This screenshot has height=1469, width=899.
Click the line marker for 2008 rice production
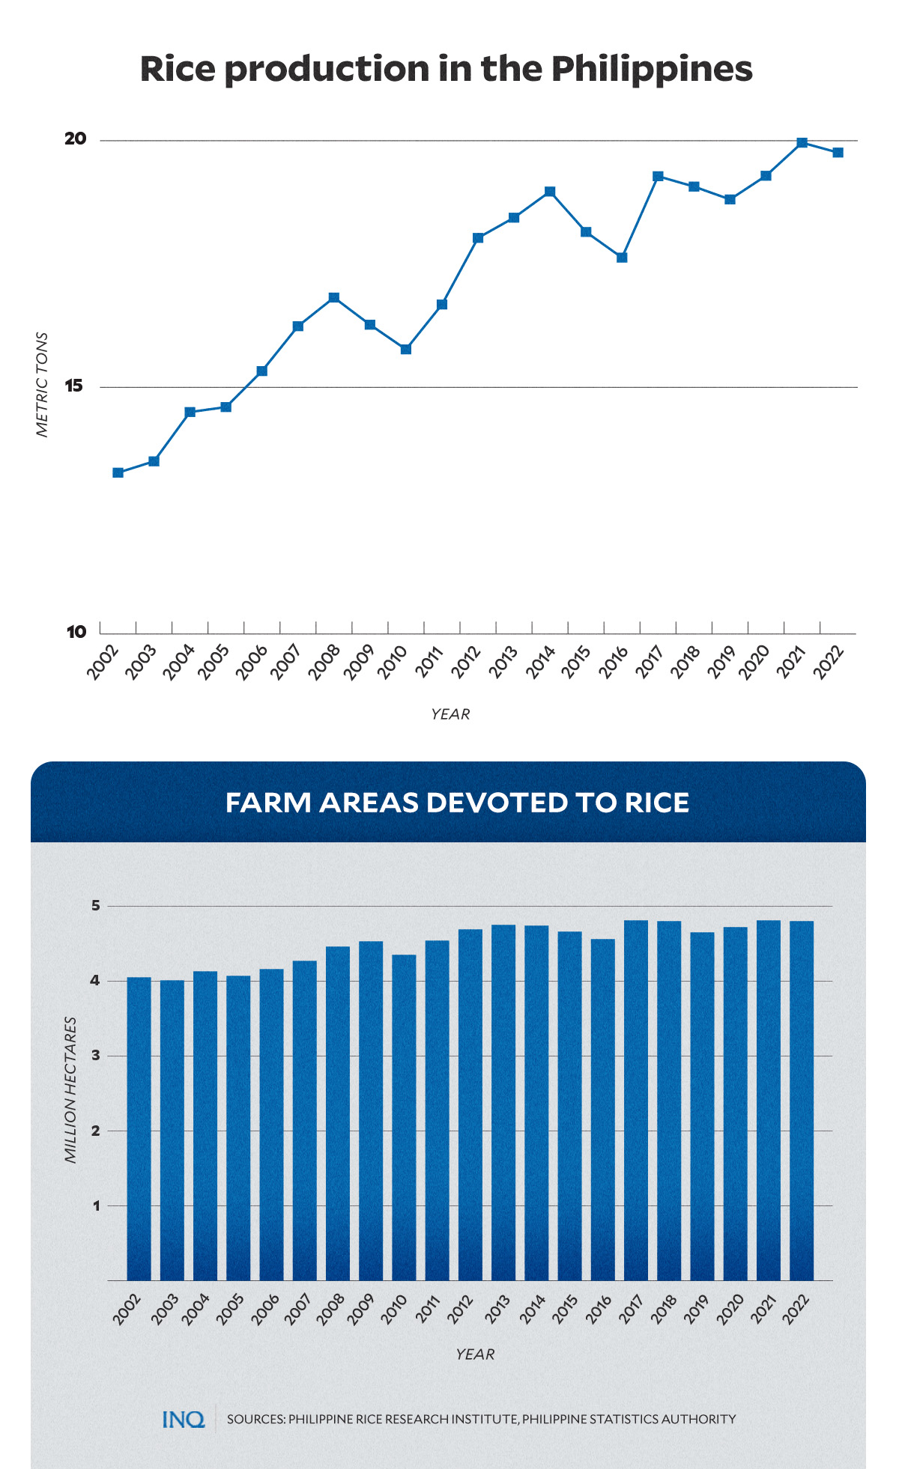(334, 298)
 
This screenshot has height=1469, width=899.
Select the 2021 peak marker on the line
(802, 142)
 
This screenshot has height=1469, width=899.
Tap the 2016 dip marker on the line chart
(622, 258)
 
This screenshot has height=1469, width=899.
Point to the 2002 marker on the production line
(118, 472)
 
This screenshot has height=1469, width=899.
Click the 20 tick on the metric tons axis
(76, 139)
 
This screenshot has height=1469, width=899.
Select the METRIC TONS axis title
(43, 385)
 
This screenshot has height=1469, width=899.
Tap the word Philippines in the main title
(651, 69)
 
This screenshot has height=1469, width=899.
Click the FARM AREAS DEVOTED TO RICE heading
(457, 803)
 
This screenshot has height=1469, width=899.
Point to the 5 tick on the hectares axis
(95, 906)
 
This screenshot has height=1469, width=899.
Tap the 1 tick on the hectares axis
(96, 1205)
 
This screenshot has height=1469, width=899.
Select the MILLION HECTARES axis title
(71, 1089)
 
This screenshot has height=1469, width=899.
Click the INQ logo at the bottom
(184, 1419)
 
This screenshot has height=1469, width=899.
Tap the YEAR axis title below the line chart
(450, 714)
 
